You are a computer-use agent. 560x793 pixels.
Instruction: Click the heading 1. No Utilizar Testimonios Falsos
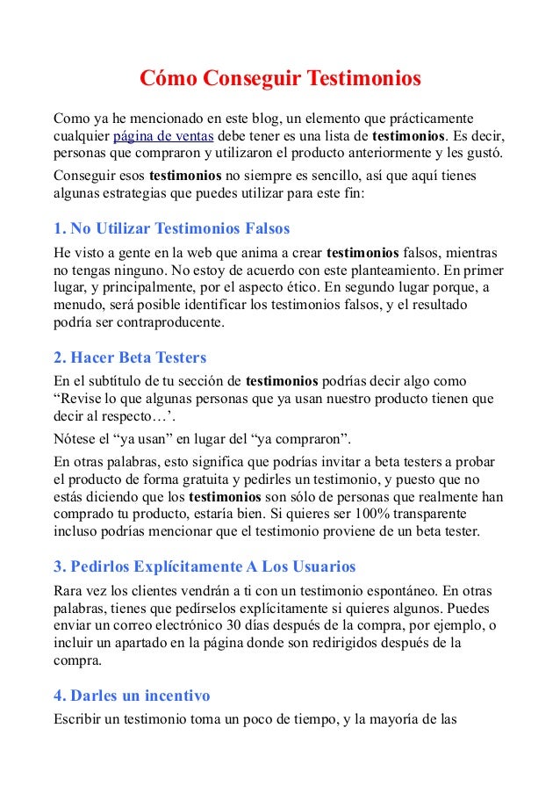pyautogui.click(x=171, y=229)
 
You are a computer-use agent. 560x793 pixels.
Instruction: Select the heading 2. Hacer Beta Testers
pyautogui.click(x=130, y=358)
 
